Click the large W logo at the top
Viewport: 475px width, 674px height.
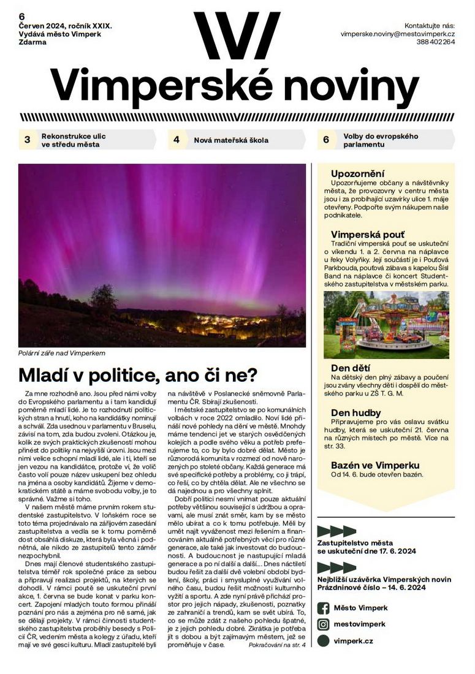click(x=237, y=36)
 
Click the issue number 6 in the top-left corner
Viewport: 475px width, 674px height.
click(x=21, y=17)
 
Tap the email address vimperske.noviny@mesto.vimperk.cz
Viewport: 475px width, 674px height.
click(x=398, y=35)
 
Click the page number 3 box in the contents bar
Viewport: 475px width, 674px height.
click(x=27, y=140)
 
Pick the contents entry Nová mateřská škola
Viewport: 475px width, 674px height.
click(x=231, y=140)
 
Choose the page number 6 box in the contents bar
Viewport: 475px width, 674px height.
click(x=326, y=140)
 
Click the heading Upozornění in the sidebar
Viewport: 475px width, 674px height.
click(x=357, y=173)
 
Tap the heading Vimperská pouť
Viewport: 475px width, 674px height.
click(x=368, y=235)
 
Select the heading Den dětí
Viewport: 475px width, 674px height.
click(x=348, y=368)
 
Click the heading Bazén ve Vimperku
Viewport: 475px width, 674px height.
click(x=374, y=465)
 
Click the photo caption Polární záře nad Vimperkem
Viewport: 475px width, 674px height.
click(x=62, y=354)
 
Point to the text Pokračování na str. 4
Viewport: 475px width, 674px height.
click(x=277, y=645)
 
